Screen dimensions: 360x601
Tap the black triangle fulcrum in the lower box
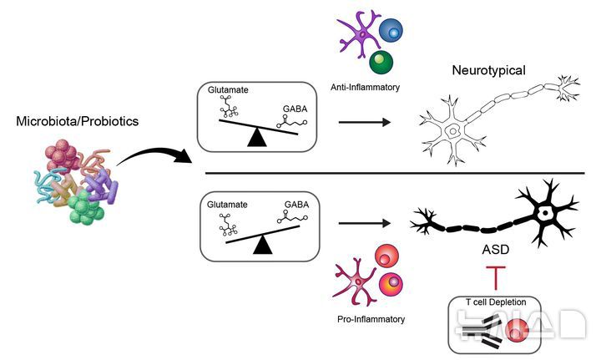(265, 244)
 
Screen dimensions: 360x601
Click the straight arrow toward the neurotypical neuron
(366, 123)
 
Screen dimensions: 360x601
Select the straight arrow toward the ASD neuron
(366, 223)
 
